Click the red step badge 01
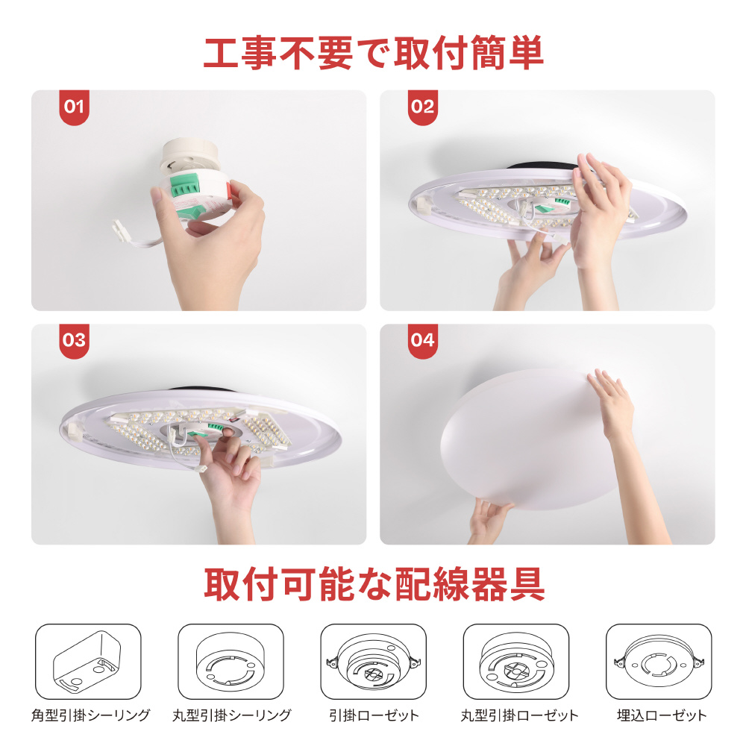coord(74,107)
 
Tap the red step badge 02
coord(423,107)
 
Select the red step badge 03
coord(74,341)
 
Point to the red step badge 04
coord(423,341)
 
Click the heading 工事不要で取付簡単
coord(374,52)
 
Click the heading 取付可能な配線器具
coord(374,584)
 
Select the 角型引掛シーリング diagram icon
coord(88,662)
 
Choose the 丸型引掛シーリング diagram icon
coord(231,662)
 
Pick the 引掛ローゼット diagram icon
coord(374,662)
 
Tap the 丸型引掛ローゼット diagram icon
coord(516,662)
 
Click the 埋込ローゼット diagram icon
coord(659,662)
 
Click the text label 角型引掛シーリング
coord(90,715)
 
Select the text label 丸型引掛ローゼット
coord(519,715)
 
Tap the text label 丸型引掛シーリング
coord(232,715)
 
